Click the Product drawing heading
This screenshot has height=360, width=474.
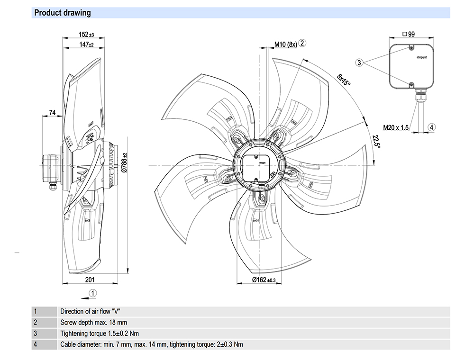pos(63,13)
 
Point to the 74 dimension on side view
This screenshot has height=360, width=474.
pos(52,112)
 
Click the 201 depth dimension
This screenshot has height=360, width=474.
pos(90,280)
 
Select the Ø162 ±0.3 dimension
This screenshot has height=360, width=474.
pos(263,280)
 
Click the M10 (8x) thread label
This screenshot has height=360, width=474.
pos(285,45)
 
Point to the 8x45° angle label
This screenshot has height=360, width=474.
pos(344,79)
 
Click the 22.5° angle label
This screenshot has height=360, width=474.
pos(376,141)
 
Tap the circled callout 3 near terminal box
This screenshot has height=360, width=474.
pos(360,63)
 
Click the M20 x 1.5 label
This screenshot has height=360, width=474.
pos(396,127)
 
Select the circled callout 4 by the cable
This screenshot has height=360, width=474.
pos(431,127)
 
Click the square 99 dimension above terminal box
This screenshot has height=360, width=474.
pos(408,34)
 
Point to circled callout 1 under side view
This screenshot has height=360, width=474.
pos(93,293)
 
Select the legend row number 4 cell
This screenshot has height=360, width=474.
pos(35,344)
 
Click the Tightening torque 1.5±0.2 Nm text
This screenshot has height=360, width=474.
pos(100,333)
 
